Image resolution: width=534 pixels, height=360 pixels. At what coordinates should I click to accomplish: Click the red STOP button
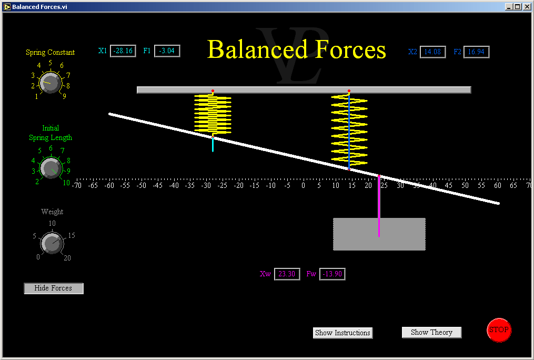tap(499, 329)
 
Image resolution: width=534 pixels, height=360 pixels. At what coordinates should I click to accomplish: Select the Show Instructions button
tap(342, 333)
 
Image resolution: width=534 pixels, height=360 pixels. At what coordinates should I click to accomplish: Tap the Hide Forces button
tap(54, 288)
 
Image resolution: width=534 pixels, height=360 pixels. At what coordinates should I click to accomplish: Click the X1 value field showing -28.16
tap(123, 51)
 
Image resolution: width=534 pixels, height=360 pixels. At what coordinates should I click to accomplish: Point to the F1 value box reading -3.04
tap(167, 51)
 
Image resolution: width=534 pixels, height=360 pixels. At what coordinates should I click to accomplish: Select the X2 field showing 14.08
tap(432, 52)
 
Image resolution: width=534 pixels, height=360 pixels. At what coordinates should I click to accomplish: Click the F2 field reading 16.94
tap(476, 52)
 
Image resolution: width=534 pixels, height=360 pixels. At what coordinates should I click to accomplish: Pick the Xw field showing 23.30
tap(287, 274)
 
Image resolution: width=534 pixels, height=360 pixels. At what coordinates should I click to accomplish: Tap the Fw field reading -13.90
tap(333, 274)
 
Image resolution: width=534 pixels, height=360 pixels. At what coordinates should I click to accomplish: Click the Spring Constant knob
tap(51, 83)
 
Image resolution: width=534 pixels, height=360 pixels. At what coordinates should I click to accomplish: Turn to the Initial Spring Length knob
tap(51, 168)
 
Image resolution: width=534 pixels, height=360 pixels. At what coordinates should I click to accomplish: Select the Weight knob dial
tap(52, 243)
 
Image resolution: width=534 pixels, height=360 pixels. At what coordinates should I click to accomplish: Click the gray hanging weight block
tap(379, 234)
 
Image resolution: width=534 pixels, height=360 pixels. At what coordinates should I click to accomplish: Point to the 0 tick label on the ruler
tap(303, 186)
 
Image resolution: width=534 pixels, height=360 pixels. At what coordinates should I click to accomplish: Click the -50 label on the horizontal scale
tap(141, 186)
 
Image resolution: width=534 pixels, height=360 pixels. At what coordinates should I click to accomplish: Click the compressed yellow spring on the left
tap(213, 114)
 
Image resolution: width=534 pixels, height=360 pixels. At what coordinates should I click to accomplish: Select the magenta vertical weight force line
tap(379, 206)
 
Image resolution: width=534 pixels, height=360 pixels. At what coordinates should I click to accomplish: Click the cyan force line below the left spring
tap(213, 144)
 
